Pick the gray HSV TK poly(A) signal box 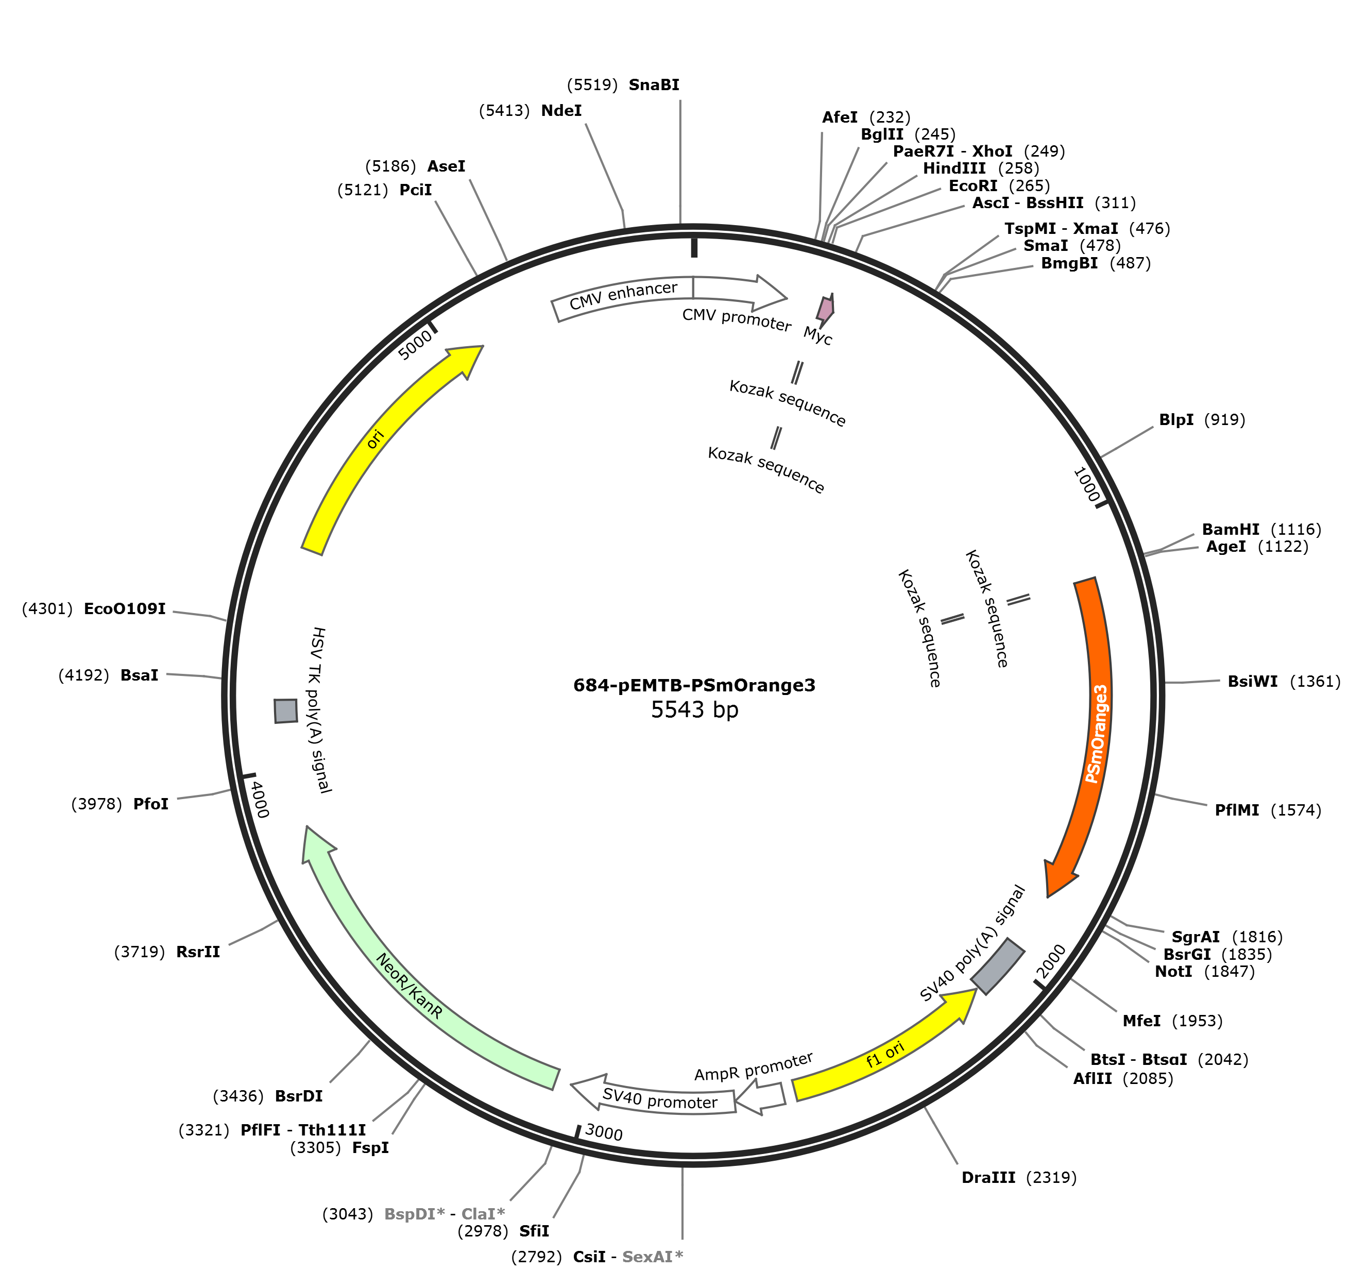[x=286, y=711]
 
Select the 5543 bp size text [x=694, y=709]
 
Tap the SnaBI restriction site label [x=654, y=84]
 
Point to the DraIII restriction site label [x=988, y=1177]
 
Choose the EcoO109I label [x=124, y=608]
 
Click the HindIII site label [x=954, y=168]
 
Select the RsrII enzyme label [x=198, y=952]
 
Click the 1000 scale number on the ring [x=1086, y=484]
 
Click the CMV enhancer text [x=623, y=295]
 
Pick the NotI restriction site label [x=1173, y=971]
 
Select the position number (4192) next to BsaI [x=84, y=675]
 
